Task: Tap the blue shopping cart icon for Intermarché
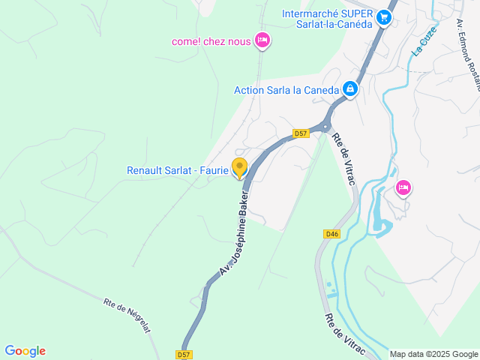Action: coord(384,16)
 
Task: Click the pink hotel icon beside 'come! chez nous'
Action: coord(262,40)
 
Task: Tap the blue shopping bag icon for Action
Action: coord(349,89)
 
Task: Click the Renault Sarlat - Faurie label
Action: coord(177,170)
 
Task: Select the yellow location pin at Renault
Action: coord(239,167)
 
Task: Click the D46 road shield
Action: coord(333,234)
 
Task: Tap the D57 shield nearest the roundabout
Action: coord(301,133)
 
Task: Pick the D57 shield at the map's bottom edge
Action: coord(185,354)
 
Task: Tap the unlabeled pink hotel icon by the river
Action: coord(403,187)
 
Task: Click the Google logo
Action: coord(25,351)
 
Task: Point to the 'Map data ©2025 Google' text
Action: coord(434,354)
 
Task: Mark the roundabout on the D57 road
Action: coord(325,127)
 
